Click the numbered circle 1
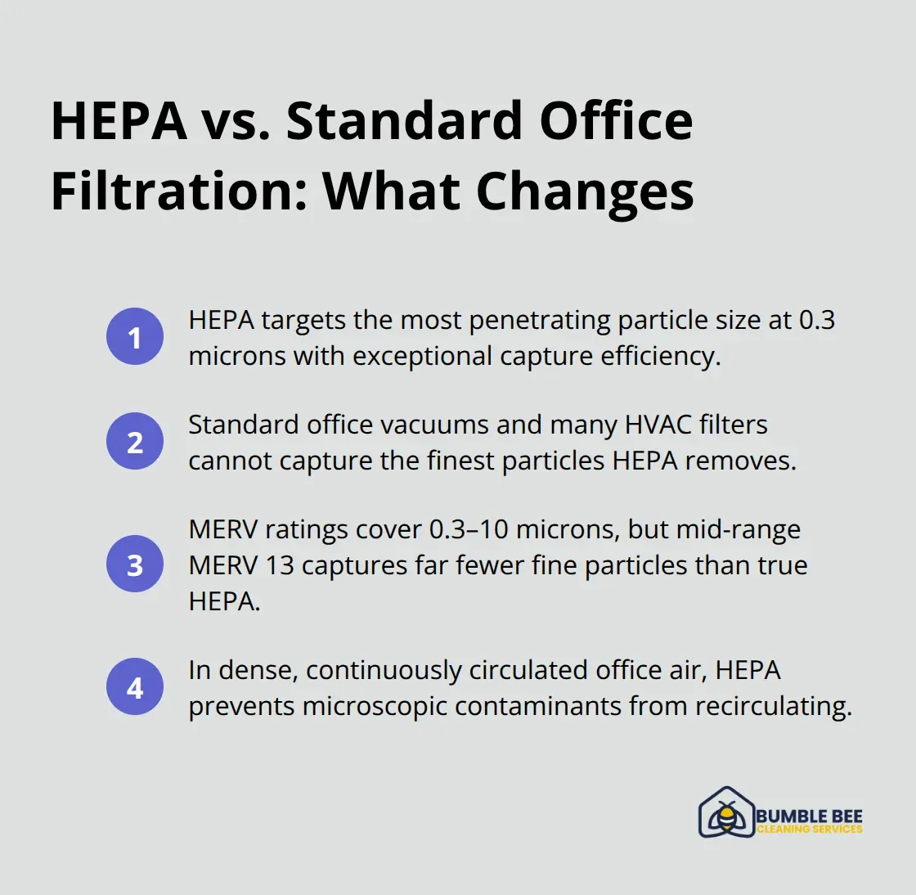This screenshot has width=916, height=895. (x=135, y=337)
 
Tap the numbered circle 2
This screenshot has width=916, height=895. (x=135, y=442)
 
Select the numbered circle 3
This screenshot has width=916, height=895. (x=135, y=564)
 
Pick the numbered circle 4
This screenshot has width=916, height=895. (x=135, y=687)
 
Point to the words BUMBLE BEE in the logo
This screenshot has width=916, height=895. (x=809, y=816)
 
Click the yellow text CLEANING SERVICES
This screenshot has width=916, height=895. (x=809, y=830)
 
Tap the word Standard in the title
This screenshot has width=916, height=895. (x=404, y=121)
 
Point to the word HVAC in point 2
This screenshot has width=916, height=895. (x=658, y=425)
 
